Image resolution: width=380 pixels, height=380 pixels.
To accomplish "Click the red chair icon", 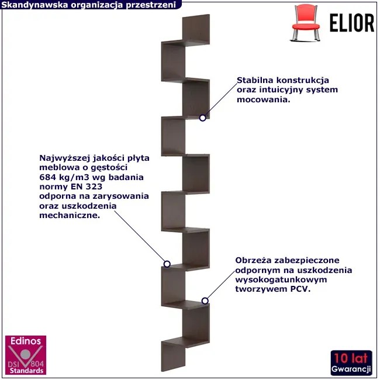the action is [x=306, y=23].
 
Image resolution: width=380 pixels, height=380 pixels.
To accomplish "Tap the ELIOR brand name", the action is [x=352, y=23].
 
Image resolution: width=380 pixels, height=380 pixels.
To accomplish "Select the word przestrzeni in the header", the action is [x=151, y=5].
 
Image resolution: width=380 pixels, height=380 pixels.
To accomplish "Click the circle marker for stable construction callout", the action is [x=203, y=118].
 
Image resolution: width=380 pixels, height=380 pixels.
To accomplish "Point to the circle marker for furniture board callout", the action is [x=167, y=264].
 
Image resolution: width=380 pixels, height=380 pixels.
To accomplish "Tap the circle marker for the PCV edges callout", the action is [x=205, y=300].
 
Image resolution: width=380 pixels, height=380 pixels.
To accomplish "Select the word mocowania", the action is [x=263, y=99].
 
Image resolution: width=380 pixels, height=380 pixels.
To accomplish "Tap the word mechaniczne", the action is [x=70, y=215].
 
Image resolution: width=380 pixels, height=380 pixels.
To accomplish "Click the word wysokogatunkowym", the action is [x=281, y=280].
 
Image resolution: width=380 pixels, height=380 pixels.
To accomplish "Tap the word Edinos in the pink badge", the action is [x=26, y=341].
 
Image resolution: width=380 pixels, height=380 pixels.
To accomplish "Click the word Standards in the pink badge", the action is [x=26, y=371].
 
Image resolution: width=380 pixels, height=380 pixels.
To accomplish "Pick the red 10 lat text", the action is [x=351, y=358].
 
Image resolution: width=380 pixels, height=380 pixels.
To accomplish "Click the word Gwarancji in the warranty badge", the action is [x=351, y=369].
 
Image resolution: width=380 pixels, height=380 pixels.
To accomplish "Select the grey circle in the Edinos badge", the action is [x=26, y=354].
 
